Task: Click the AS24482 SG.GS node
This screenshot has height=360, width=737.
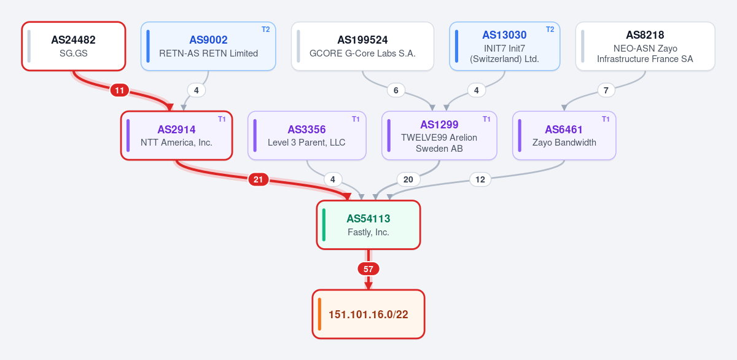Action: [x=74, y=46]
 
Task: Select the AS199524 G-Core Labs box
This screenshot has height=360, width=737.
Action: [x=362, y=46]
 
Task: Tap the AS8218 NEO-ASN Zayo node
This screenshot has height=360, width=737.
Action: [x=645, y=46]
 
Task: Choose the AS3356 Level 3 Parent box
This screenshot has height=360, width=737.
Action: [x=306, y=136]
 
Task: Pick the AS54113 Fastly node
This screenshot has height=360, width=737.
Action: [x=368, y=225]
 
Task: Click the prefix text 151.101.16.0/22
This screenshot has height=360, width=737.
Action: [x=368, y=315]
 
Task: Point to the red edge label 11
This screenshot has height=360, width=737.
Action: [x=119, y=90]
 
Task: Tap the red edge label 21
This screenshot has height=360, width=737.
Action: [x=259, y=179]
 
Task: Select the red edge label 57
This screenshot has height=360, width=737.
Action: [x=368, y=269]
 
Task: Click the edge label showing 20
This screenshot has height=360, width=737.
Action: [x=408, y=179]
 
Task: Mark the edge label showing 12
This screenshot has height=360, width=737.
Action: [x=480, y=179]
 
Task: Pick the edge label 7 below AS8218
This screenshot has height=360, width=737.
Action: [x=606, y=90]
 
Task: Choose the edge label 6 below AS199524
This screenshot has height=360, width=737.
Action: [x=396, y=90]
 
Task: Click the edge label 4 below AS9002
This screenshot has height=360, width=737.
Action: [x=197, y=90]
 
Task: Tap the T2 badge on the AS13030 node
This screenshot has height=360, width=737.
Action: [x=550, y=29]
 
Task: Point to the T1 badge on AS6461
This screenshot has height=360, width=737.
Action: [x=606, y=119]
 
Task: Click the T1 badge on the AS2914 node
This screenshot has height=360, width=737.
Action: [x=222, y=119]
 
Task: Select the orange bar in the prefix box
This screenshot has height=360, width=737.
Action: [x=319, y=315]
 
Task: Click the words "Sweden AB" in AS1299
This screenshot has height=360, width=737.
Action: [x=439, y=149]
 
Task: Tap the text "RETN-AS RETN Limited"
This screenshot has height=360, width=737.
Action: [x=209, y=53]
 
